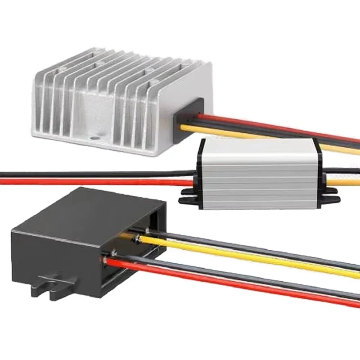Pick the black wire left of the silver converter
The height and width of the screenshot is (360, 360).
90,174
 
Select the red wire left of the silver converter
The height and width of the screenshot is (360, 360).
90,182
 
